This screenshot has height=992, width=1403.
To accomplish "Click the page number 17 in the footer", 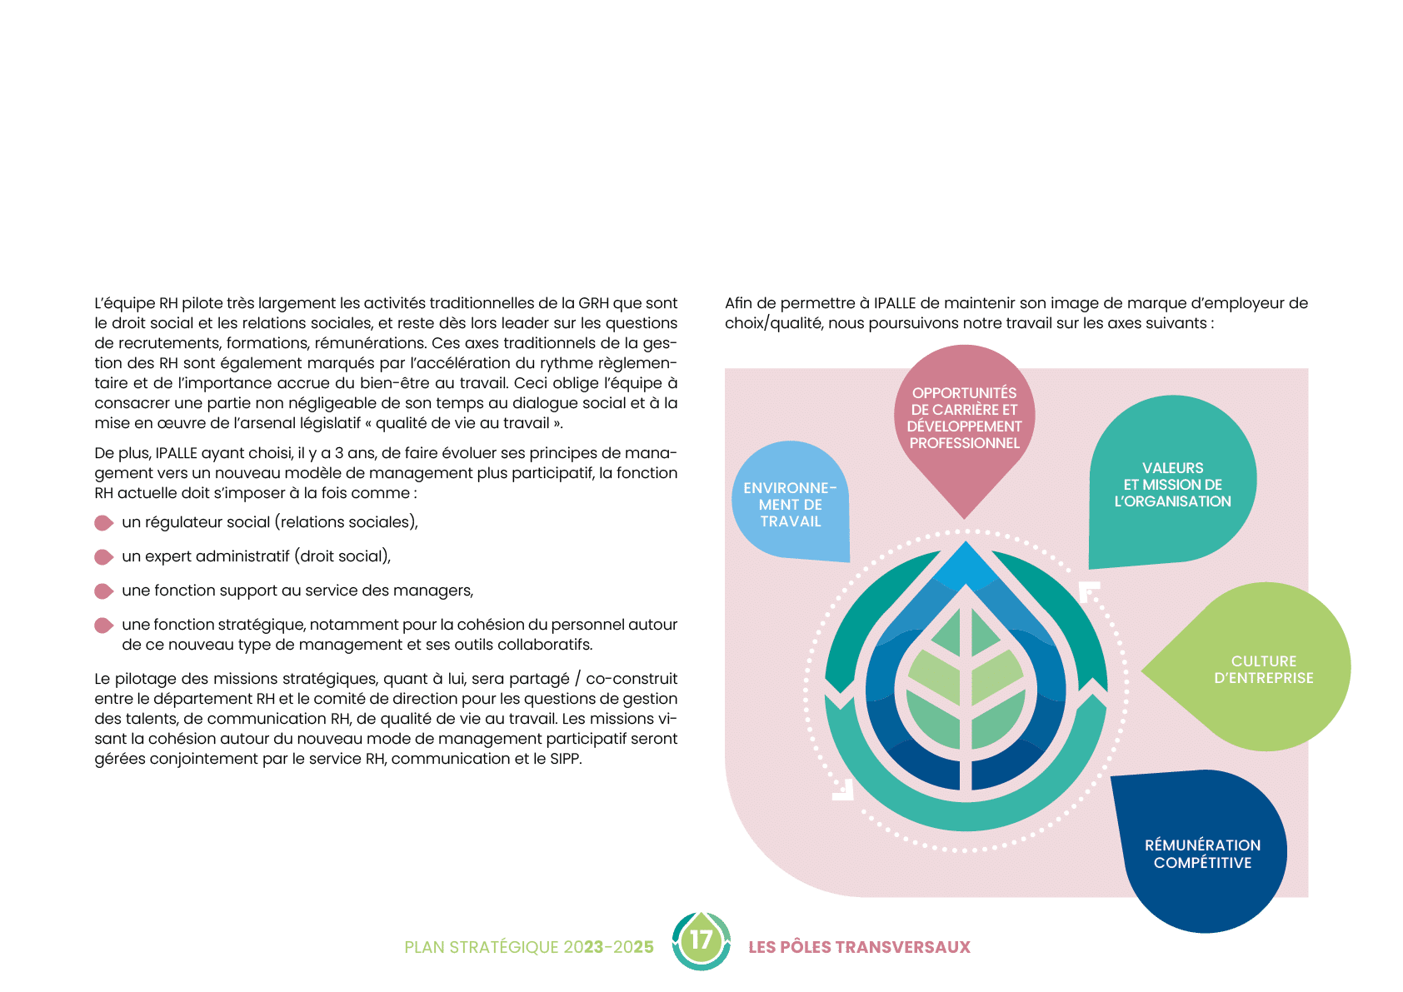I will point(701,940).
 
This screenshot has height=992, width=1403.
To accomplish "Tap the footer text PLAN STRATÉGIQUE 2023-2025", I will point(528,947).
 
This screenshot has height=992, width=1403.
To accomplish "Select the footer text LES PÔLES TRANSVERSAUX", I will point(859,947).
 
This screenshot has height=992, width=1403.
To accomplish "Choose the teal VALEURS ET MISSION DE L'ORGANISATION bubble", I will point(1172,484).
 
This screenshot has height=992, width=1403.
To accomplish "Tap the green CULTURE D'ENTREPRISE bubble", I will point(1263,669).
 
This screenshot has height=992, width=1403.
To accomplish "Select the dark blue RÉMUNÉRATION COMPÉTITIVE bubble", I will point(1202,854).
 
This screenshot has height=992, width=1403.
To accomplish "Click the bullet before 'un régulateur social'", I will point(103,523).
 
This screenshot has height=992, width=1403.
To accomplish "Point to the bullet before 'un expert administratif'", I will point(103,557).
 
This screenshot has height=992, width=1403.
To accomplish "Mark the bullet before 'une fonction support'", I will point(103,591).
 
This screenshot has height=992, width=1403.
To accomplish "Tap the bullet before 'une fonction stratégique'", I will point(103,626).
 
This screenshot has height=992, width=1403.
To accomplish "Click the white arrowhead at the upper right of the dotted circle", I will point(1088,591).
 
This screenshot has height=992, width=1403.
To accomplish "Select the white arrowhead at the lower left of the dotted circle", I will point(843,790).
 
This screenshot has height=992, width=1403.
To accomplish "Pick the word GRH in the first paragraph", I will point(593,303).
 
